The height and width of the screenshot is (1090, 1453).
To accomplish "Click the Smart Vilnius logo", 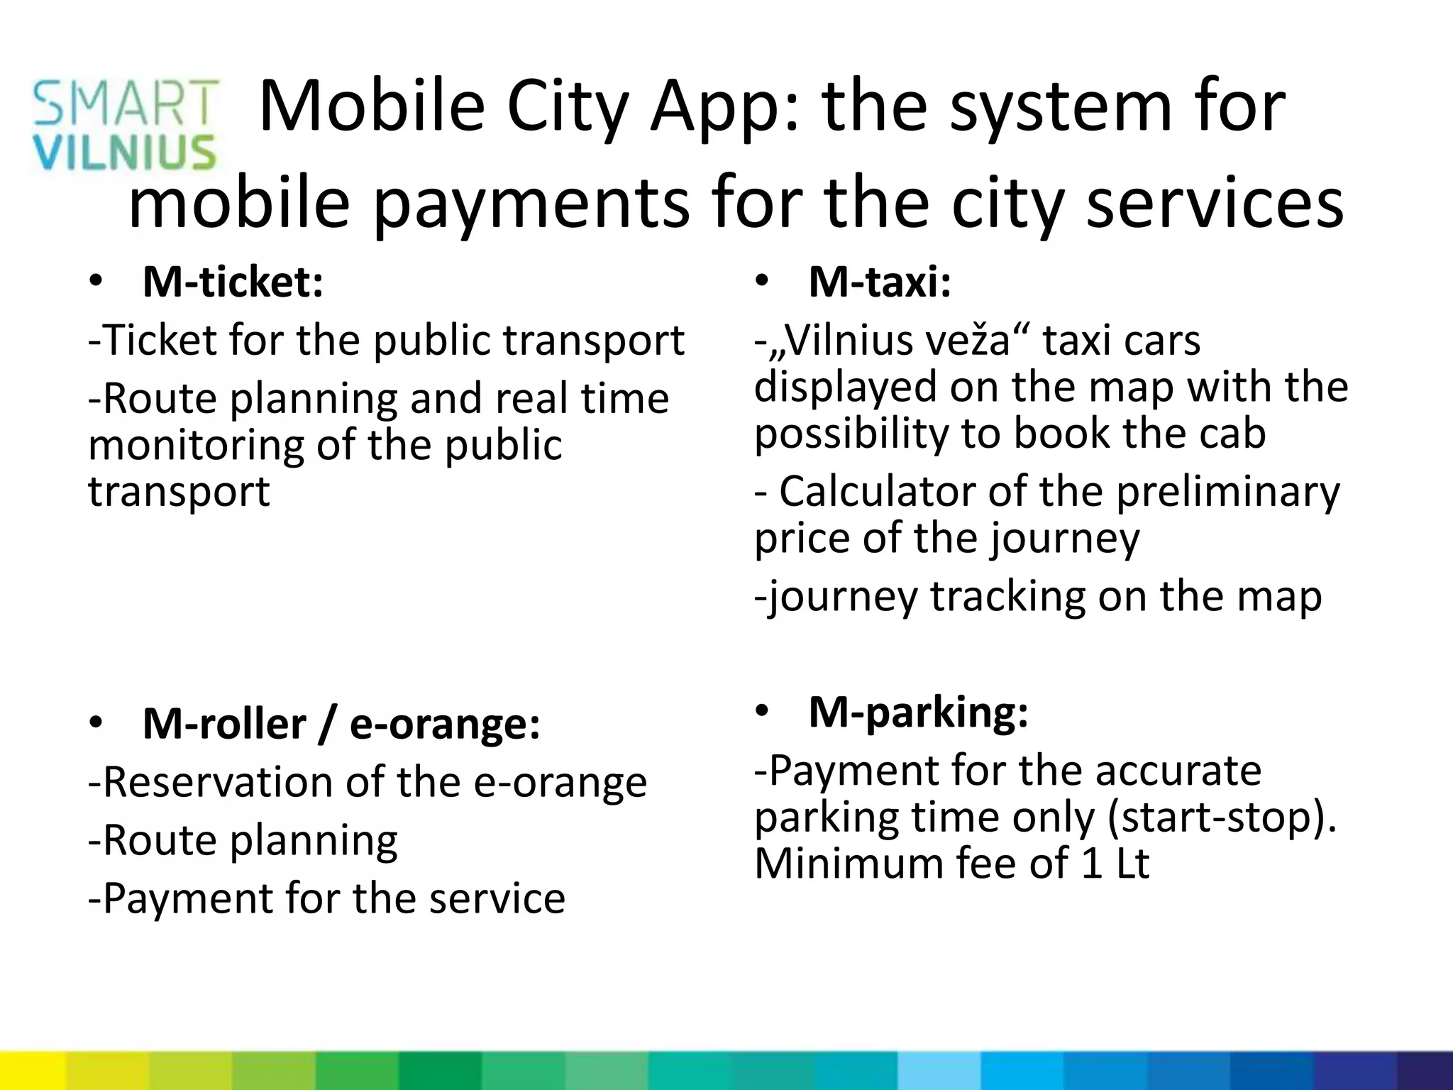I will pos(125,126).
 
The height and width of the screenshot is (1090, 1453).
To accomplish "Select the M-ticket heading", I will pos(233,282).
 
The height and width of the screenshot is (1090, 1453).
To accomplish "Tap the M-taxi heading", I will pos(879,282).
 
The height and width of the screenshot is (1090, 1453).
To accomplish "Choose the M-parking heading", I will pos(918,712).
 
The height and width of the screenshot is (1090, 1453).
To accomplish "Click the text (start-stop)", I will pos(1221,817).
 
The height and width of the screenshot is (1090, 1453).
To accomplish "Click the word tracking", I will pos(1007,596).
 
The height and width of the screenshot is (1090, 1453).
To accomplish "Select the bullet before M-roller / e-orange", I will pos(96,723).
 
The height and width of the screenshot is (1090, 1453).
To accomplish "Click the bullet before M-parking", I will pos(762,711).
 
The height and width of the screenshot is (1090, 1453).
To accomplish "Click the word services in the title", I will pos(1215,203).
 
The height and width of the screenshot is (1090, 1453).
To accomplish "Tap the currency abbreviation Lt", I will pos(1132,864).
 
